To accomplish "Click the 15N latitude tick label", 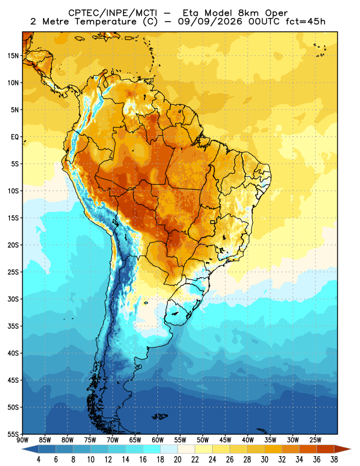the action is tap(13, 55).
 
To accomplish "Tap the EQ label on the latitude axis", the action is tap(15, 137).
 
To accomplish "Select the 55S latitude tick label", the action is tap(13, 435).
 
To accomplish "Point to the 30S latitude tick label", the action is tap(13, 299).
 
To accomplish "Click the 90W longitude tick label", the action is tap(22, 440).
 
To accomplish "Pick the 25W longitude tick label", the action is tap(315, 440).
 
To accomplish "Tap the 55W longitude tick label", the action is tap(180, 440).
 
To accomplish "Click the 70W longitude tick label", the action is tap(112, 440).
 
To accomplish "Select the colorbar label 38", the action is tap(334, 460).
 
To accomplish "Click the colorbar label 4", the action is tap(38, 460).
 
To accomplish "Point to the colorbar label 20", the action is tap(178, 460).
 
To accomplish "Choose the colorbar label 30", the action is tap(264, 460).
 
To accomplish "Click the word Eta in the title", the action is tap(192, 13).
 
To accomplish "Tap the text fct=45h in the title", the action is tap(305, 22).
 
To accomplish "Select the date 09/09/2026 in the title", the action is tap(210, 22).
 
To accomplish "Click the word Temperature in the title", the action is tap(105, 22).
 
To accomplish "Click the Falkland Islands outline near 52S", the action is tap(160, 416).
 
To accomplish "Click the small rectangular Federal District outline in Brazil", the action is tap(213, 222).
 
